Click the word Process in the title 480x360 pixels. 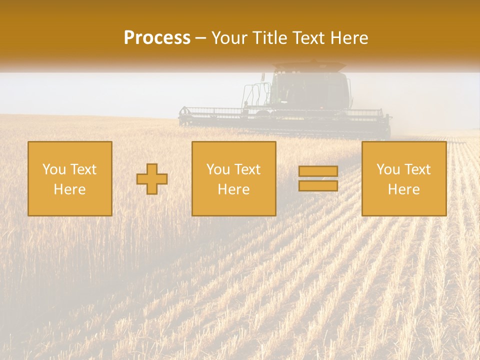click(x=157, y=38)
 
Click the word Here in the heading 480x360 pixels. click(x=351, y=38)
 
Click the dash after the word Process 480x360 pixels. click(x=200, y=38)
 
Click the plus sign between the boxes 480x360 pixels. click(x=152, y=179)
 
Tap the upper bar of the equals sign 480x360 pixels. click(x=318, y=171)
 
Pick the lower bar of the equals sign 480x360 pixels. click(x=318, y=185)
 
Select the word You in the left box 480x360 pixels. click(x=54, y=169)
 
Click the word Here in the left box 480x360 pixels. click(x=69, y=189)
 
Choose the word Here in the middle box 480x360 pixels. click(x=233, y=189)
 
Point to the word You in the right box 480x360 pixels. click(x=388, y=169)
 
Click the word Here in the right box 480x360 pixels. click(x=403, y=189)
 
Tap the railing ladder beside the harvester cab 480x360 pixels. click(x=252, y=96)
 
